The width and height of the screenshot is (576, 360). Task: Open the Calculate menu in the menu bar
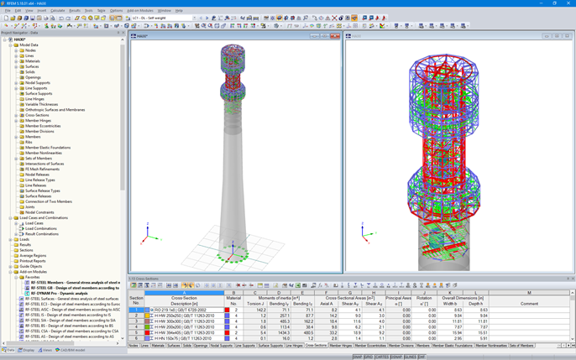coord(57,11)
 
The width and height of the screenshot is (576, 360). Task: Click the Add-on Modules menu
coord(139,11)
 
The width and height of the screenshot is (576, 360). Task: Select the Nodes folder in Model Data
coord(30,50)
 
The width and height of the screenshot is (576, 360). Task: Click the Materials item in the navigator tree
coord(32,61)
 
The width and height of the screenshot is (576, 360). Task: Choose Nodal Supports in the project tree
coord(37,83)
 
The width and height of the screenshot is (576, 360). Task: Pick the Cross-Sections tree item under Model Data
coord(37,115)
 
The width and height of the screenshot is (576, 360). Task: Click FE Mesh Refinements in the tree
coord(42,170)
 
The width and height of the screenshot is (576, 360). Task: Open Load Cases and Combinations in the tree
coord(45,218)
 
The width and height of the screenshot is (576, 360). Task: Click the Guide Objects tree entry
coord(31,266)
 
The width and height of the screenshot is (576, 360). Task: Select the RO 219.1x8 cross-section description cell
coord(185,310)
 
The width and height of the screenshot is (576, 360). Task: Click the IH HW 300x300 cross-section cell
coord(185,321)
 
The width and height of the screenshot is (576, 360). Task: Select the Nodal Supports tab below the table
coord(222,346)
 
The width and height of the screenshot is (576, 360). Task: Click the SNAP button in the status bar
coord(358,357)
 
